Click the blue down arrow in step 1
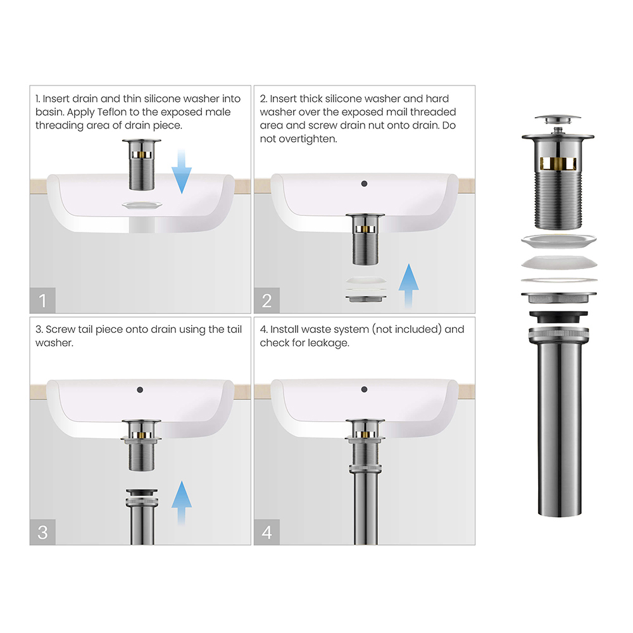181,172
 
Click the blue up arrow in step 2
408,286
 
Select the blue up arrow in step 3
181,503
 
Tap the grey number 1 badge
42,300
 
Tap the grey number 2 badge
267,300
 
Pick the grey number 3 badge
42,532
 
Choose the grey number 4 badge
267,532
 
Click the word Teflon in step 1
111,112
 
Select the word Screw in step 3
60,329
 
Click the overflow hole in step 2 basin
364,184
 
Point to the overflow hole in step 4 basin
364,389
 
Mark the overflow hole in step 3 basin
140,389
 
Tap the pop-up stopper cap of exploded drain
558,120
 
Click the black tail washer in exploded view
558,316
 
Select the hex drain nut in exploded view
558,298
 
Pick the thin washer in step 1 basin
142,205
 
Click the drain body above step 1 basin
141,165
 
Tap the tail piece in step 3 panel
142,517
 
